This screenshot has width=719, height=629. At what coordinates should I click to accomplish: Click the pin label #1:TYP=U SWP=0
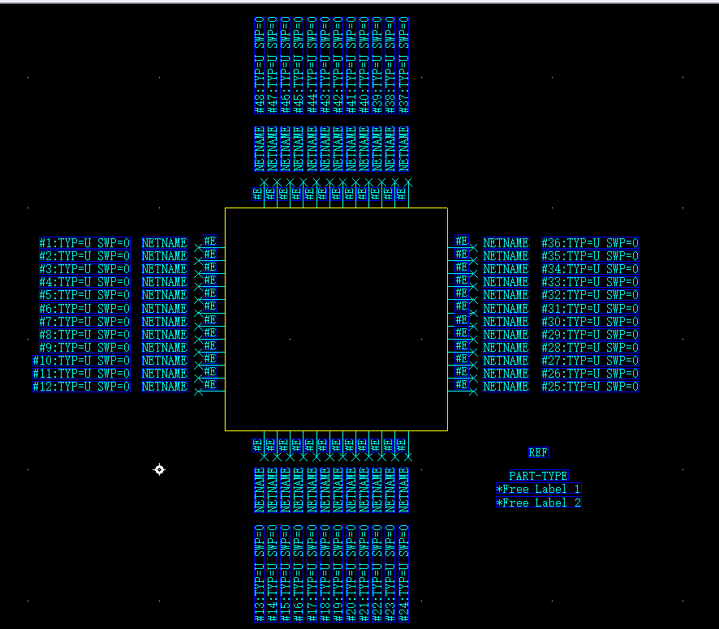84,242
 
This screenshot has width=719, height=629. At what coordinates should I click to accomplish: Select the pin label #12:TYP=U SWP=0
81,387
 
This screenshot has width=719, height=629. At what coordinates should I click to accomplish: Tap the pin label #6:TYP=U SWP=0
84,308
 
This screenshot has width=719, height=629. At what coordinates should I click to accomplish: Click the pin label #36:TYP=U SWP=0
590,242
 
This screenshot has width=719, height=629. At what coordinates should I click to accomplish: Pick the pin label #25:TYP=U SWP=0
590,387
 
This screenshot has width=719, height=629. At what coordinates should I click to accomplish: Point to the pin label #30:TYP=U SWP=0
590,321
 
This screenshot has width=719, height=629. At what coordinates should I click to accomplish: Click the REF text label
538,453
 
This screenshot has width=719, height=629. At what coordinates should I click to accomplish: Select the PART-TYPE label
539,476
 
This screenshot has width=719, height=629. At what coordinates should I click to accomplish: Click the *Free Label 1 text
539,489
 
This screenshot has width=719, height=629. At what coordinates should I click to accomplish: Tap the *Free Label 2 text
539,503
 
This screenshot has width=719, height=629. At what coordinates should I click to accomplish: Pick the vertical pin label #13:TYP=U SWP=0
259,573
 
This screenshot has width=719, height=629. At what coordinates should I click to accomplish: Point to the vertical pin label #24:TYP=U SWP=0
404,573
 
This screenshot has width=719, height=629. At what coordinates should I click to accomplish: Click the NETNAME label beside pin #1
165,242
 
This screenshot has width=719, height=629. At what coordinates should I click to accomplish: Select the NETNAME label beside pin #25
506,387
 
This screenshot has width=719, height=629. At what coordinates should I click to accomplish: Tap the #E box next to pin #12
209,385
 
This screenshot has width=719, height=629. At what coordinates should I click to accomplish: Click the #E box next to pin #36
461,241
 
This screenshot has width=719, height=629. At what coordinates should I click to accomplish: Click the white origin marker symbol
159,469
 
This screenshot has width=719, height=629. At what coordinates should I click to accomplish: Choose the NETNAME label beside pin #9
165,347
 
